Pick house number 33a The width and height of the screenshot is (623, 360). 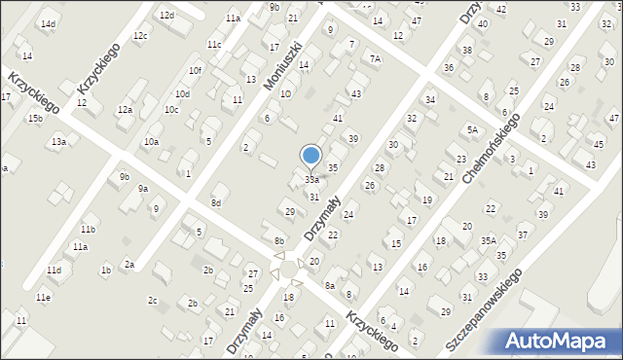(x=311, y=180)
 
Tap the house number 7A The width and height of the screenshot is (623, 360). (x=375, y=59)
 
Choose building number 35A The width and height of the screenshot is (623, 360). (x=489, y=240)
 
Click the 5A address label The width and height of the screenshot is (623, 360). (x=472, y=129)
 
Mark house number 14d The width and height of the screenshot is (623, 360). (x=48, y=23)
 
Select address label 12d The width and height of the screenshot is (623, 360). (x=166, y=16)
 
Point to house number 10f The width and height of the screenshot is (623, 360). (x=195, y=70)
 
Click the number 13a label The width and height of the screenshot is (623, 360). (x=58, y=142)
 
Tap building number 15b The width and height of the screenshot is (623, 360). (x=34, y=119)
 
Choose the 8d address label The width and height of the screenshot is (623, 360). (x=216, y=202)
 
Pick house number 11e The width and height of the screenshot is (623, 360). (x=43, y=297)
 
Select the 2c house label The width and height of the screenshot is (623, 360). (x=153, y=301)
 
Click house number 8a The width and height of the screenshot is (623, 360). (x=330, y=285)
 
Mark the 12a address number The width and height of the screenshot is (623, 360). (x=125, y=110)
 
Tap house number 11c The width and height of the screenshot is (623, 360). (x=213, y=45)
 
